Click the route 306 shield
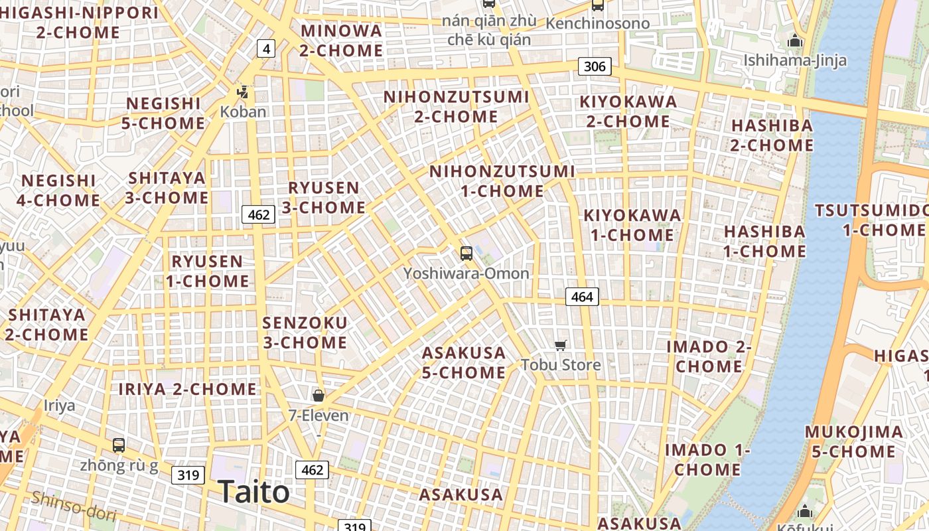pos(594,66)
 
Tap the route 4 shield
pos(265,48)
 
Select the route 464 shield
pos(582,297)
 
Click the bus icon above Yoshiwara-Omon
pos(466,253)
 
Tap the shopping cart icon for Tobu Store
pos(561,345)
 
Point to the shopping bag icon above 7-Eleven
pos(319,396)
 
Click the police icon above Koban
pos(243,92)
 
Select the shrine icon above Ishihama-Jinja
pos(794,42)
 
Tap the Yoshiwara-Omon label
pos(466,273)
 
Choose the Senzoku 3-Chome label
pos(305,333)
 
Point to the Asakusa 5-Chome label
pos(464,362)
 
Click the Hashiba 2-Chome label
pos(772,135)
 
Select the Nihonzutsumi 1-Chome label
pos(502,181)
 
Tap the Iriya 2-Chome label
pos(187,389)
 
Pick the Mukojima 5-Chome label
pos(854,441)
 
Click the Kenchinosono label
pos(597,24)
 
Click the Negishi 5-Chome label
pos(163,114)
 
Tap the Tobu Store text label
pos(561,364)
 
